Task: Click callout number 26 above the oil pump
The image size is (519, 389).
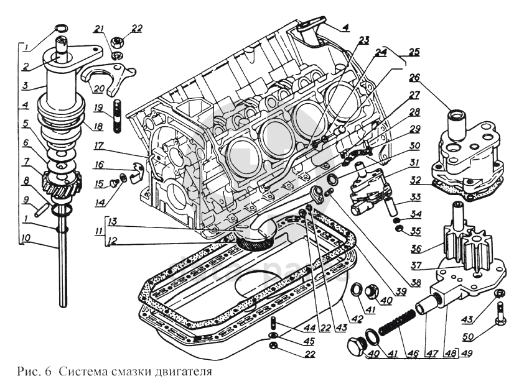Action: [x=415, y=78]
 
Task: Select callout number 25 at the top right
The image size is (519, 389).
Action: [x=414, y=52]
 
